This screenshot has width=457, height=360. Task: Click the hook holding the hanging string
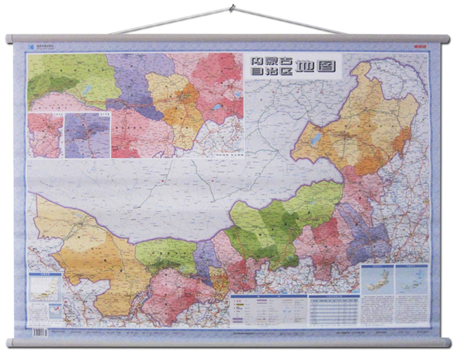click(x=231, y=8)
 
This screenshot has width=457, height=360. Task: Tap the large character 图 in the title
click(x=328, y=66)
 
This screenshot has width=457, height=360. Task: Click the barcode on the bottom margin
click(x=39, y=333)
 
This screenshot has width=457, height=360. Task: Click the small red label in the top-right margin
click(x=426, y=47)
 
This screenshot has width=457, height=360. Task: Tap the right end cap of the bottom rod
click(x=447, y=342)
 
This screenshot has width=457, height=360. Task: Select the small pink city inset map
click(x=45, y=135)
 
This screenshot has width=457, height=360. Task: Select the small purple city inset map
click(x=87, y=135)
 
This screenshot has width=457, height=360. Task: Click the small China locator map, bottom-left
click(x=43, y=288)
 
